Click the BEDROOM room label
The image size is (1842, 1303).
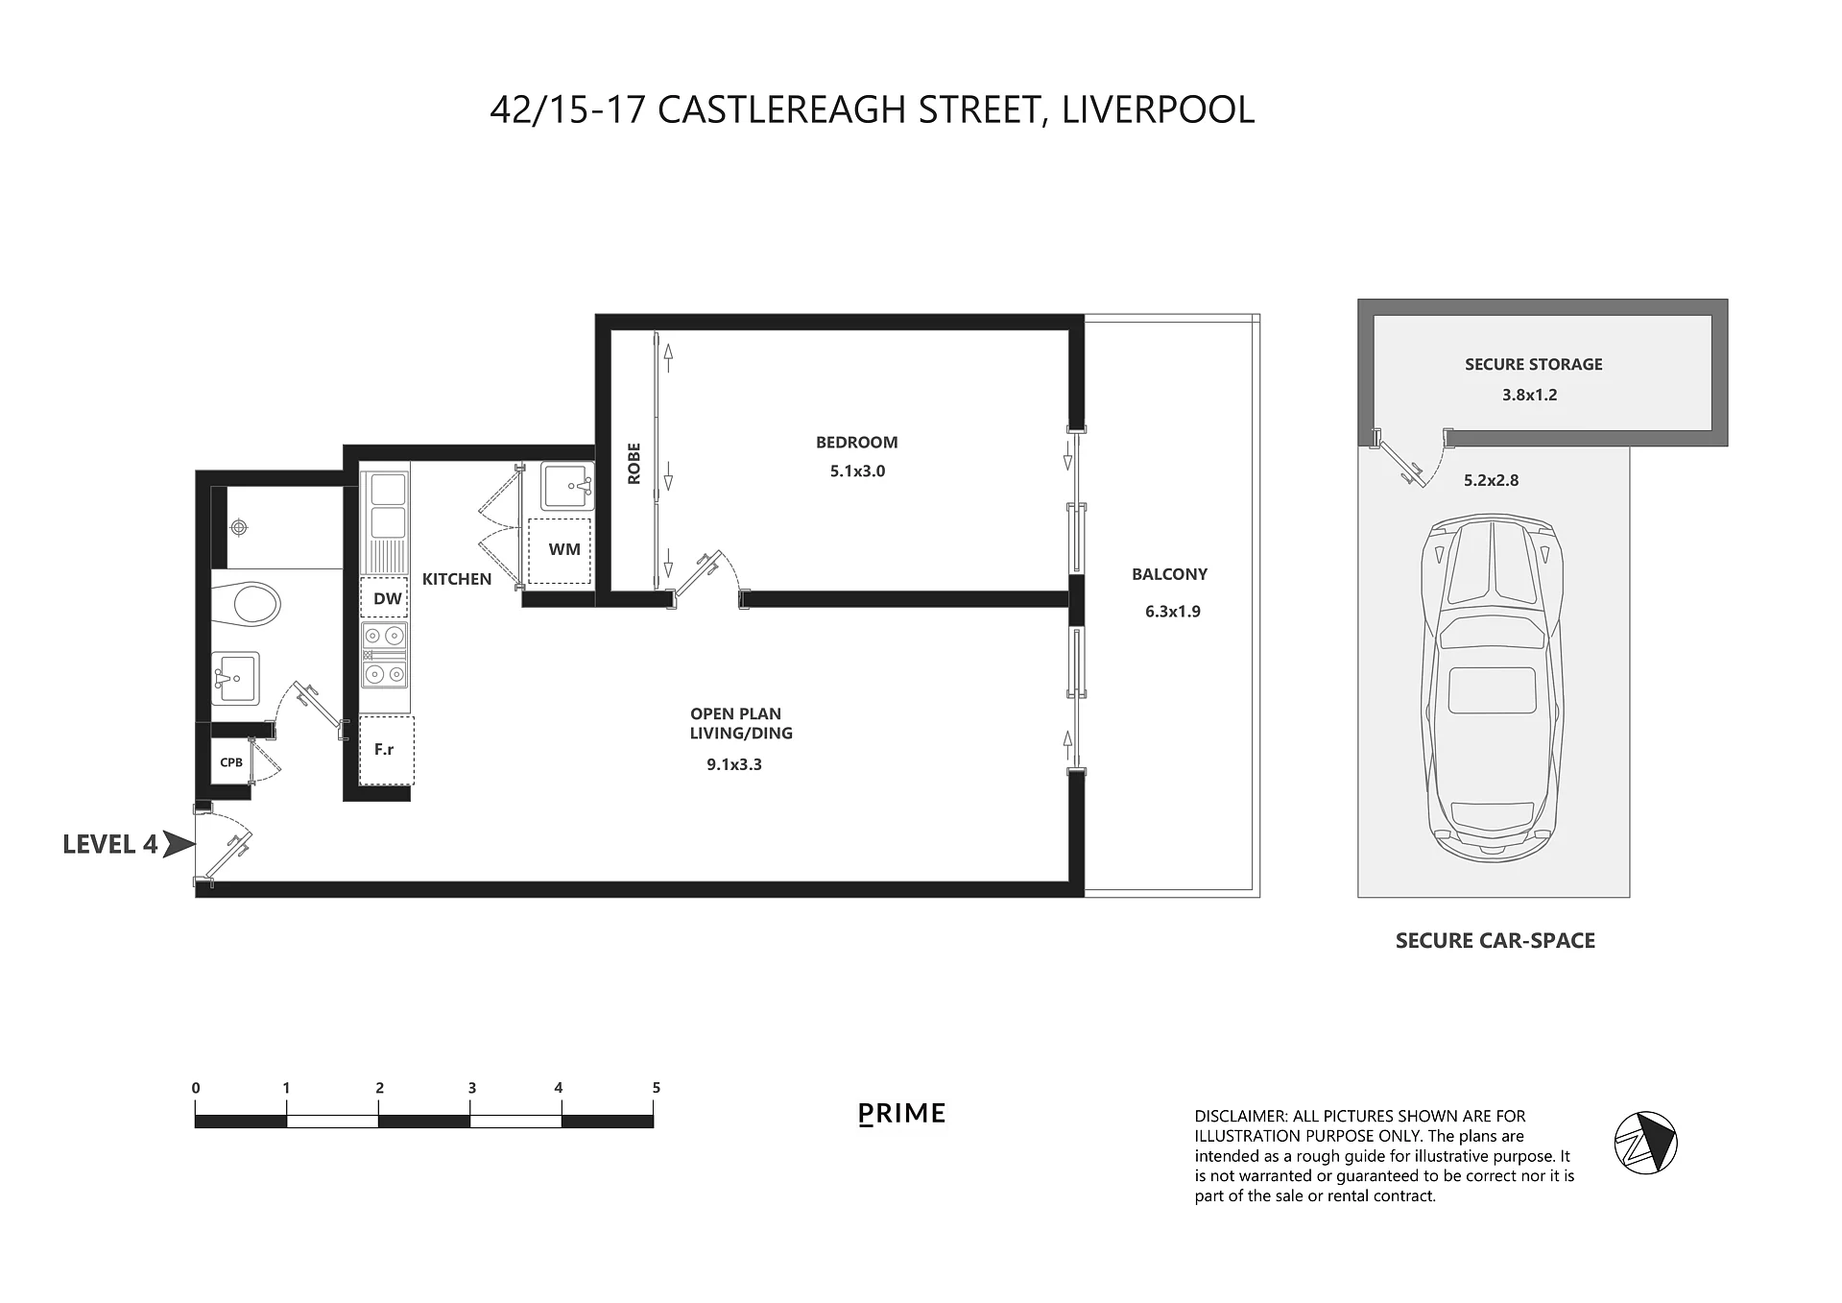[x=856, y=443]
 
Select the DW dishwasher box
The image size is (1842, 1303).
[x=384, y=598]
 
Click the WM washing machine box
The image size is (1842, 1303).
[x=560, y=550]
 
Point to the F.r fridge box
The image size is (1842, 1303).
[x=386, y=750]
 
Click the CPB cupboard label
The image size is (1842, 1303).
[x=231, y=762]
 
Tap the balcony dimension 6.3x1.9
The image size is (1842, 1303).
[x=1172, y=612]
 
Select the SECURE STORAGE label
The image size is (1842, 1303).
[x=1533, y=364]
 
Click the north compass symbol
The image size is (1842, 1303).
[x=1645, y=1142]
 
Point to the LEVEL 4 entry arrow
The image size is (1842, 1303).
[x=179, y=844]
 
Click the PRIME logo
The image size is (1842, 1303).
[x=901, y=1114]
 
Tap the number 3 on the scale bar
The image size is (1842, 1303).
[x=471, y=1088]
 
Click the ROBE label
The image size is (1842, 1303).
[x=634, y=464]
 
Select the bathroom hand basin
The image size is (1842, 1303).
[x=234, y=678]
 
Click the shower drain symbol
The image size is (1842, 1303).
[x=239, y=527]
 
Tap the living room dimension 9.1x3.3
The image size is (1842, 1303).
[x=734, y=765]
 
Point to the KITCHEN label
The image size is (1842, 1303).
[x=457, y=579]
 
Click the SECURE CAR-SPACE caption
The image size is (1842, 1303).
[x=1495, y=941]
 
